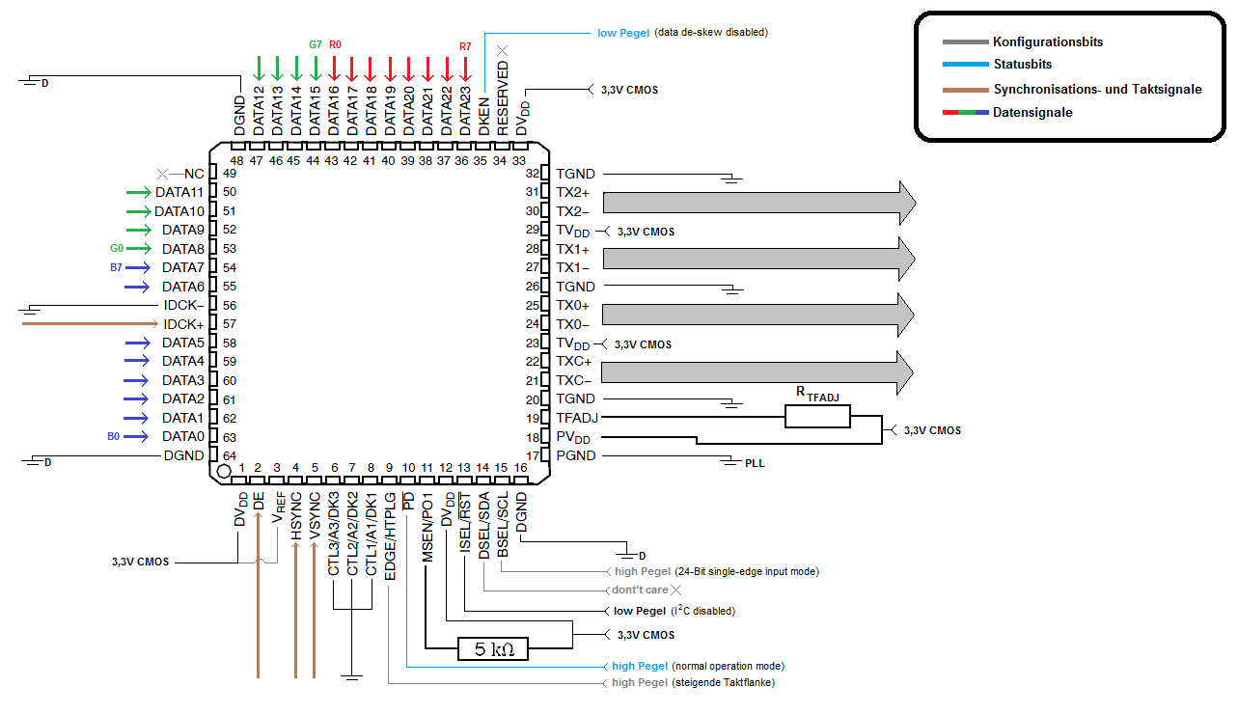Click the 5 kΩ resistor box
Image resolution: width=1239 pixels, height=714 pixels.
493,648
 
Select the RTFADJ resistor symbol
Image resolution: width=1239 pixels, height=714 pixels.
817,417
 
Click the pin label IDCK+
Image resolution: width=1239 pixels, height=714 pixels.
183,324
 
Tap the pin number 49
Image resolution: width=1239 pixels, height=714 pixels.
230,173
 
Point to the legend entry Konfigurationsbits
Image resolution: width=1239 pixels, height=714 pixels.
1048,42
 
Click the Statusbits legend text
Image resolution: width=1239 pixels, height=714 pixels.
1023,64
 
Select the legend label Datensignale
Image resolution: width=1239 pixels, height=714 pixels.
1032,112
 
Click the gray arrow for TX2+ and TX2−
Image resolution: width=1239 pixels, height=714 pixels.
759,203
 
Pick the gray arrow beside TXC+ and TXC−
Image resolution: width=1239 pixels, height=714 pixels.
757,372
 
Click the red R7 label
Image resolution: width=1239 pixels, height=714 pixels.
465,46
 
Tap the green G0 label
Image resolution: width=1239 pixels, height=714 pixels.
117,248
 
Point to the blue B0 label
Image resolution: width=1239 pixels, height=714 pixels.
114,436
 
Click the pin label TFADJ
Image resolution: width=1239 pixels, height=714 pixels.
577,418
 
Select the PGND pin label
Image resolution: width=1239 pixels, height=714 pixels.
576,455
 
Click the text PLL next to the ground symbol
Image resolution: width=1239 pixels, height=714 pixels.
755,463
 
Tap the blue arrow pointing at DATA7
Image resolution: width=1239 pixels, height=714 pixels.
138,267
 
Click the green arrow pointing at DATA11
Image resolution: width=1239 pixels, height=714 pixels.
138,192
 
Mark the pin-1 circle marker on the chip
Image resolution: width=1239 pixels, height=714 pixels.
224,471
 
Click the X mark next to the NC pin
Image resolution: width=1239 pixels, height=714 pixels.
162,175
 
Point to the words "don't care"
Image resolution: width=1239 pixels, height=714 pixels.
640,590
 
